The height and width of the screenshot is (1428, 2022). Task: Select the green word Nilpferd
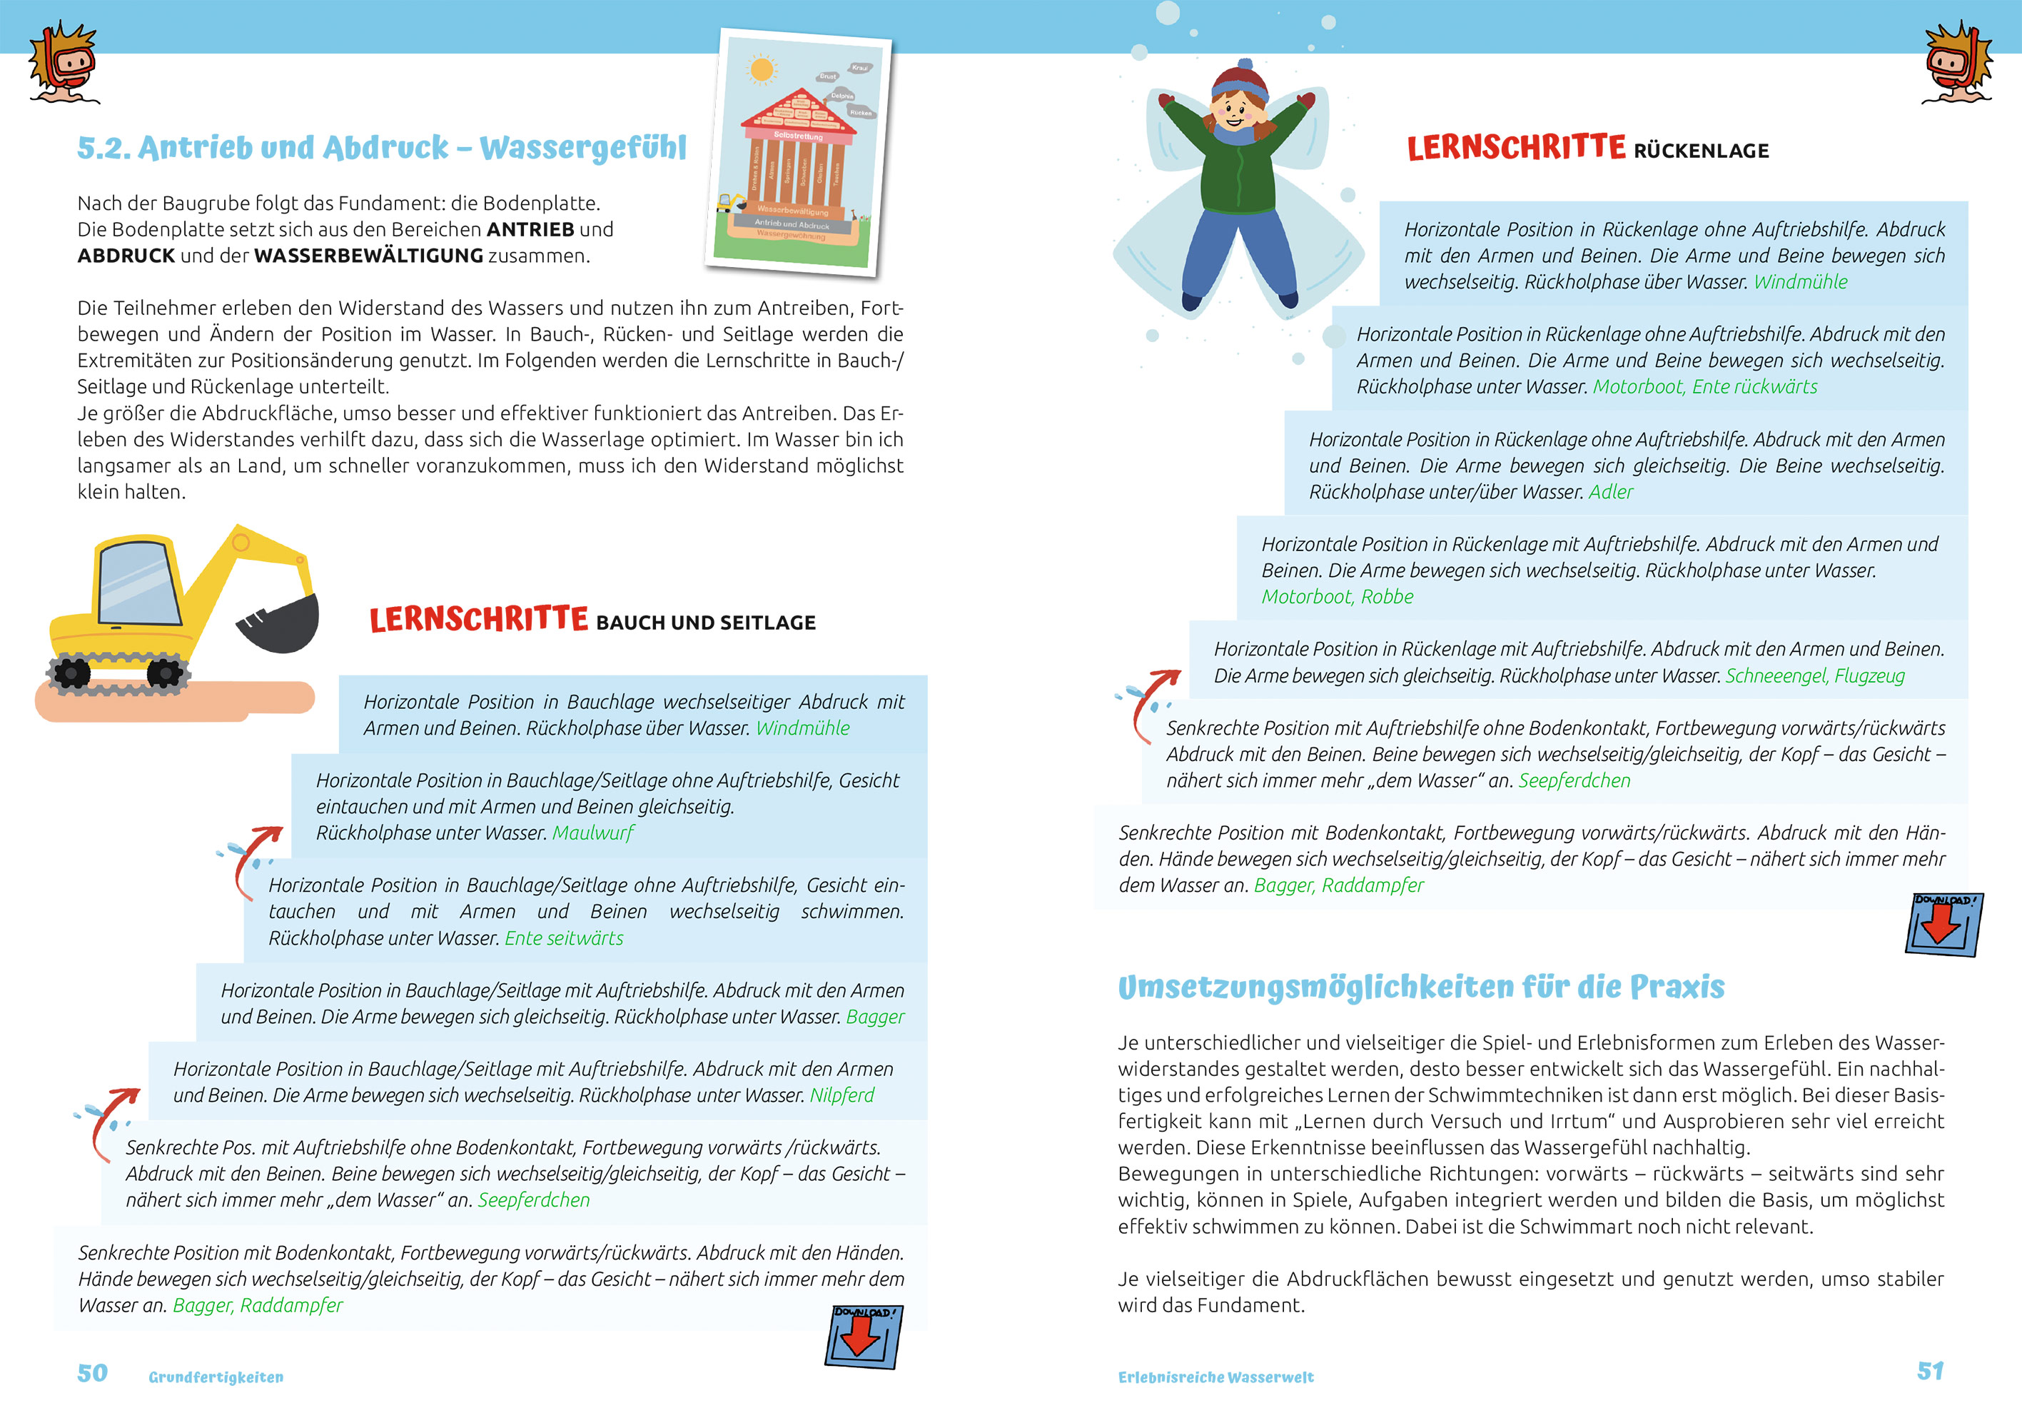(x=842, y=1095)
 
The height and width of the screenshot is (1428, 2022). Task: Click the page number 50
(x=93, y=1374)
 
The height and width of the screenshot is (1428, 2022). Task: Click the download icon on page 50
(x=864, y=1337)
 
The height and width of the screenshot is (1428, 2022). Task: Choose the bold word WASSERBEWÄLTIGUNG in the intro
(x=368, y=256)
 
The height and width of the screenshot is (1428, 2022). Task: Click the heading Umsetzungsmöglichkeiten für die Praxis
(x=1420, y=987)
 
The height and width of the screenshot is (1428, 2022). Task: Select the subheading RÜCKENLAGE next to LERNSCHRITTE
(x=1701, y=151)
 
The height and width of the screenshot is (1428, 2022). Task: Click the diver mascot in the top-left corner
(x=64, y=64)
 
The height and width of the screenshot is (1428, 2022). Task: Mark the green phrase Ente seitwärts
(x=564, y=938)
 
